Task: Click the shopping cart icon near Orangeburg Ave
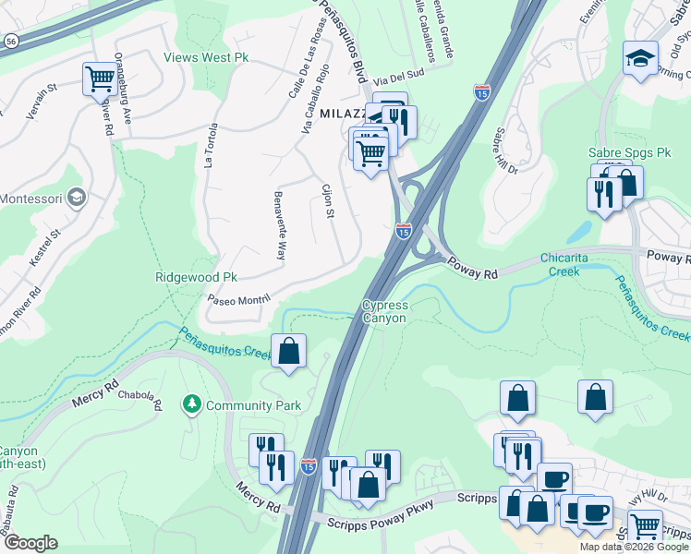coord(99,77)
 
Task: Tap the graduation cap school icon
coord(639,60)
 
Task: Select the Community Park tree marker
coord(191,404)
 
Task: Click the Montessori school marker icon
coord(77,199)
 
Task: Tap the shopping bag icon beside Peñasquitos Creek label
coord(288,351)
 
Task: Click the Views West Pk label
coord(206,57)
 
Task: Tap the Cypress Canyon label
coord(384,311)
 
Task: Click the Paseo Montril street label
coord(237,299)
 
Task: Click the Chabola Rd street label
coord(147,403)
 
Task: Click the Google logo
coord(30,543)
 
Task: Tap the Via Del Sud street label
coord(400,78)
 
